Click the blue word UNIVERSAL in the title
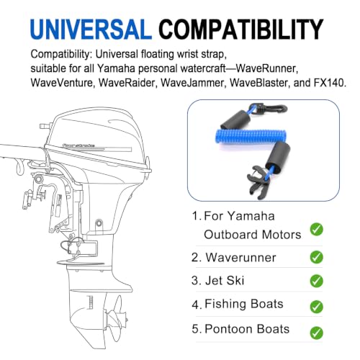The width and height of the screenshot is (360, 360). pos(91,30)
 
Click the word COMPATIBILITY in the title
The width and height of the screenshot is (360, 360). pos(241,30)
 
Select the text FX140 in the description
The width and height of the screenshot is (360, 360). pos(330,83)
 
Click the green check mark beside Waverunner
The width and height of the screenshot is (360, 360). pos(316,257)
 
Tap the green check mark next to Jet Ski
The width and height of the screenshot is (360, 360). pos(316,281)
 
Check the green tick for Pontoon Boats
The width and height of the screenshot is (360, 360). pos(316,333)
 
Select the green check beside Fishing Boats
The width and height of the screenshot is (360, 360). pos(316,307)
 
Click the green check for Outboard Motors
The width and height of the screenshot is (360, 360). pos(316,229)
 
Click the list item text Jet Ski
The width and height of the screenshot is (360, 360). pos(225,281)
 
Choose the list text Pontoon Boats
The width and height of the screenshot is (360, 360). pos(247,329)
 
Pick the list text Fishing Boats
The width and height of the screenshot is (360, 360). pos(244,304)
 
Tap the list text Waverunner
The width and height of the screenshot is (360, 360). pos(240,258)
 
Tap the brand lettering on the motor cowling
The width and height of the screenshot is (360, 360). pos(78,145)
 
